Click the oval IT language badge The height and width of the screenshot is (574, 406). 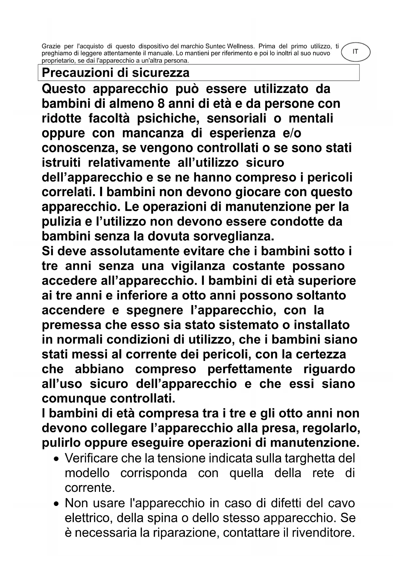355,52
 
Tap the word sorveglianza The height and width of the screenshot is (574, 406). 226,237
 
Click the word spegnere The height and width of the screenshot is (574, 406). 155,310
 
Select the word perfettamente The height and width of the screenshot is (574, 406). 250,369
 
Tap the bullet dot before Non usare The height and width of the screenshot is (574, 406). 57,504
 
